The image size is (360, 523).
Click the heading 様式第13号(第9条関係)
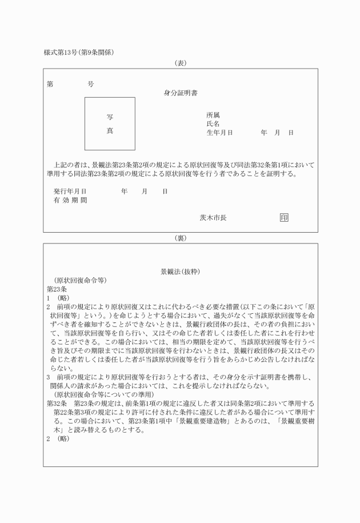(x=79, y=53)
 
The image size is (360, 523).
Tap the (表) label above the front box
(x=180, y=63)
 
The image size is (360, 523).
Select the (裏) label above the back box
(x=180, y=237)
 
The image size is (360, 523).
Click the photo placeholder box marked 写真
(x=110, y=123)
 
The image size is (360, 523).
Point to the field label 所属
(x=213, y=115)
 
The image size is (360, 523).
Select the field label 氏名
(x=213, y=123)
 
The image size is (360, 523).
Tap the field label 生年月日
(x=219, y=133)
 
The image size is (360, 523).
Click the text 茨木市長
(x=213, y=217)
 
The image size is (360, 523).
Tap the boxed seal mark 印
(x=284, y=217)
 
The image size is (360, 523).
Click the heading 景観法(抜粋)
(x=180, y=272)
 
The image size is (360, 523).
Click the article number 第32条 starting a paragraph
(x=56, y=404)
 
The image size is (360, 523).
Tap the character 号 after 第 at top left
(x=90, y=84)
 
